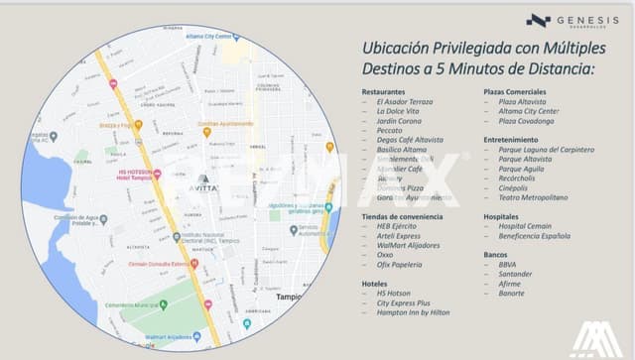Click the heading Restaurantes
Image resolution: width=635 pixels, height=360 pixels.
(383, 91)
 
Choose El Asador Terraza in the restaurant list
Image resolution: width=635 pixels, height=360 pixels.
(404, 102)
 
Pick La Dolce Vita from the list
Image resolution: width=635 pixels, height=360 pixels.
(399, 111)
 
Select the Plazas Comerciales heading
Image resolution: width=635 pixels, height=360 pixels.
(515, 91)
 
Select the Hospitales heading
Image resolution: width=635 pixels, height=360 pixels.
(502, 215)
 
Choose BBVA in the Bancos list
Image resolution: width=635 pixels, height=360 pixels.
(508, 264)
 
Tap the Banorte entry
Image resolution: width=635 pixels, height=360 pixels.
(512, 293)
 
